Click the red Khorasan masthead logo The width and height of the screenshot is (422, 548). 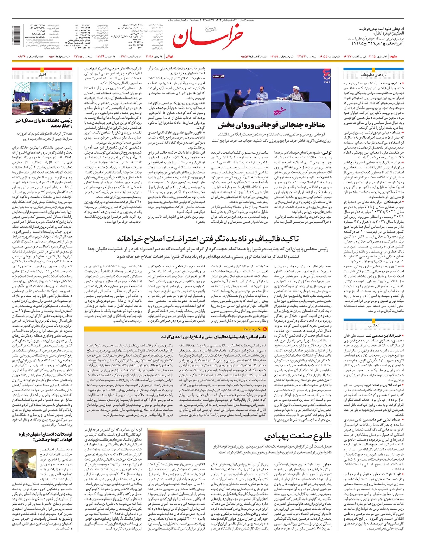[207, 36]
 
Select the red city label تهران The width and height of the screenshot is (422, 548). [170, 56]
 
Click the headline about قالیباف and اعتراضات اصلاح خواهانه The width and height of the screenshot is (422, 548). [208, 239]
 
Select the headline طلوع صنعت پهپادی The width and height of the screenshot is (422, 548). [298, 437]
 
